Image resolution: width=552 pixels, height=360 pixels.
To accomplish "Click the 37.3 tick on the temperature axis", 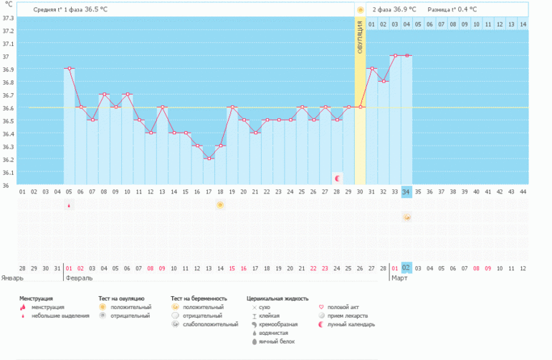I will (9, 18).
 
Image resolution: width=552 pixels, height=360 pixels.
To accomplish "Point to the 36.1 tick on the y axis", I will (9, 172).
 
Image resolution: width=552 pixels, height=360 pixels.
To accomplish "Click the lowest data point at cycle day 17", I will (209, 158).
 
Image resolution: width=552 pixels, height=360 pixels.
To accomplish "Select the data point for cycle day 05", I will (70, 69).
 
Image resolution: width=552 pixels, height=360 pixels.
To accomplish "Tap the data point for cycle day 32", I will (383, 81).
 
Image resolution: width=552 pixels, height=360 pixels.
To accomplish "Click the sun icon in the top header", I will (360, 9).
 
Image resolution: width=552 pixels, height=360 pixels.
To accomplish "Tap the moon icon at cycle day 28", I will (337, 176).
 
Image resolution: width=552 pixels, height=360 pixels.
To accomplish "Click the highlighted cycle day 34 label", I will (406, 191).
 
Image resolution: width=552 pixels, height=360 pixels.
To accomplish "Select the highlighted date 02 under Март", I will (406, 267).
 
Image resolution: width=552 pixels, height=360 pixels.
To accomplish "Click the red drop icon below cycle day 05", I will (70, 206).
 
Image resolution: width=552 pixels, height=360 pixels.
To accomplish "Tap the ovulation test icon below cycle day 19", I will (220, 205).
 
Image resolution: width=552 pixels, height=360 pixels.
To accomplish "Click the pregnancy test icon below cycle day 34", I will (406, 218).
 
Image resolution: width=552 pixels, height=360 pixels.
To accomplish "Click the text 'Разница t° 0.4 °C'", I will (452, 9).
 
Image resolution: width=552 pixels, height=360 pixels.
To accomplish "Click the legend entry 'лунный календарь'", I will (351, 324).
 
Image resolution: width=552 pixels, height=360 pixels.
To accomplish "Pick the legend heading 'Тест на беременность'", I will (199, 298).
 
